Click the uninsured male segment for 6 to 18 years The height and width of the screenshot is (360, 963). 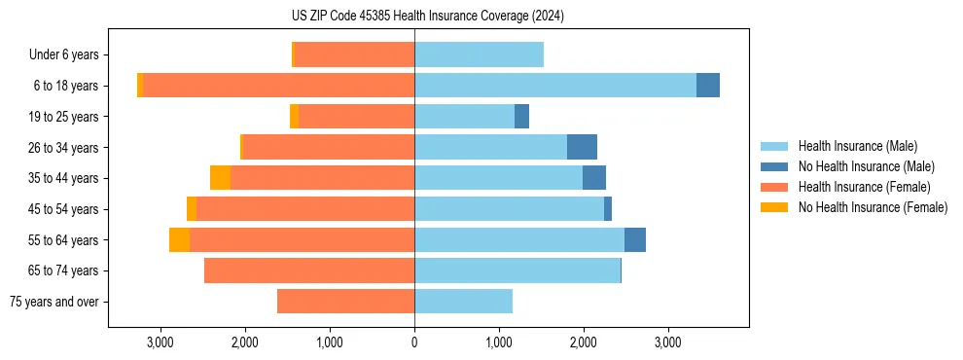coord(708,86)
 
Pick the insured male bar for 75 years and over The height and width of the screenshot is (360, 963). coord(463,302)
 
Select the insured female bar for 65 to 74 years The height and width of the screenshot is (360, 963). coord(309,270)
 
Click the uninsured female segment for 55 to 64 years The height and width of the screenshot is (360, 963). coord(179,240)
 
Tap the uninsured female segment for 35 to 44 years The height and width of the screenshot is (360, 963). coord(220,178)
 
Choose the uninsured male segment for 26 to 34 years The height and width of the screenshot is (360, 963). coord(582,148)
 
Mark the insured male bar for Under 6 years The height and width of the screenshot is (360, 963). coord(479,55)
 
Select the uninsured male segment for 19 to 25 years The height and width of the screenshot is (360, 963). coord(521,117)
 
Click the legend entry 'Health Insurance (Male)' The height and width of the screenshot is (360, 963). coord(857,146)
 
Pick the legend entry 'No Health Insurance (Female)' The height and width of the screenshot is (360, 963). coord(873,207)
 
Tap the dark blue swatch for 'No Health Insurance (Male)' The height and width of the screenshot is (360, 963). coord(774,166)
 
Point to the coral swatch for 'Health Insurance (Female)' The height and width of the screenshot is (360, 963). coord(774,187)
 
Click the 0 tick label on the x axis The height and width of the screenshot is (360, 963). coord(414,342)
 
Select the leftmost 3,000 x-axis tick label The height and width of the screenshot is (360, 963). coord(160,342)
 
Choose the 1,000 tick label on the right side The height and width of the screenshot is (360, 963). coord(498,342)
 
